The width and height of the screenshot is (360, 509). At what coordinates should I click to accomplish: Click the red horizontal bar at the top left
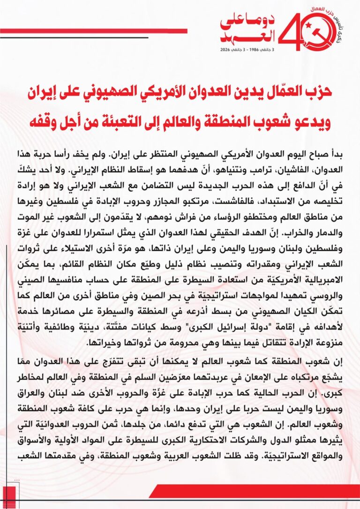94,31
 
